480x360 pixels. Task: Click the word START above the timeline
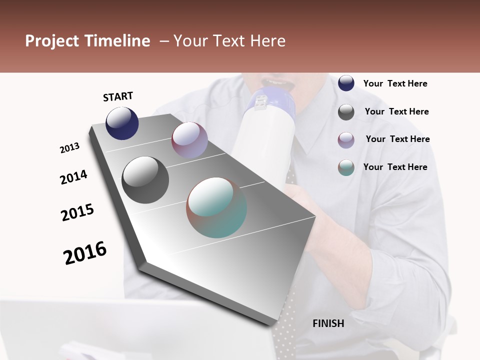click(118, 96)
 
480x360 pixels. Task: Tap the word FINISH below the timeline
click(328, 323)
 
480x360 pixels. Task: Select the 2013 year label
click(69, 148)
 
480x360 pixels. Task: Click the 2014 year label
click(73, 177)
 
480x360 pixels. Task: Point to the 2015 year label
click(77, 212)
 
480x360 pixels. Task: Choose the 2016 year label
click(85, 252)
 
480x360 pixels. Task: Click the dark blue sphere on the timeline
click(122, 123)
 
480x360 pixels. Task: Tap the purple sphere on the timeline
click(189, 140)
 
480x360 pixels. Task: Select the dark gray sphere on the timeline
click(145, 179)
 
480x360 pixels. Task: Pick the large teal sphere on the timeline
click(216, 207)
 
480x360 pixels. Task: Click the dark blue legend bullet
click(346, 83)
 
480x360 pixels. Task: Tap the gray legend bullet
click(346, 112)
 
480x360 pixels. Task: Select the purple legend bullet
click(346, 140)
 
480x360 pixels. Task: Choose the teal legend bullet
click(346, 167)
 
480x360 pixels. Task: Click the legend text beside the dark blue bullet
click(395, 83)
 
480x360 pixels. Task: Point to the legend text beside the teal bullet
click(395, 167)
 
